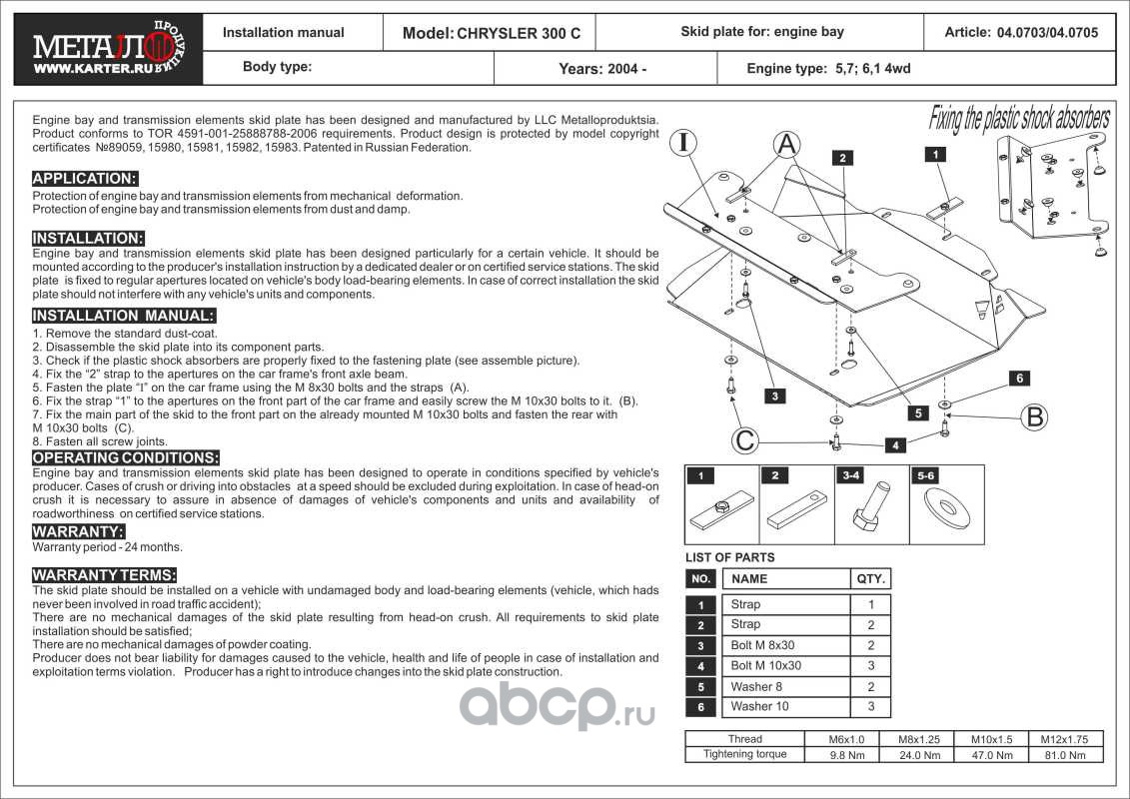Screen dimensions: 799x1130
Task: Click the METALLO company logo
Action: pos(95,42)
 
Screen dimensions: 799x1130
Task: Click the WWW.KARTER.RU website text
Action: pos(80,71)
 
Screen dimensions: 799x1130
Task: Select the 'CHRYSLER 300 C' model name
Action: pos(519,33)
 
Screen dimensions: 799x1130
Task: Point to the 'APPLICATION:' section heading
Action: pos(85,179)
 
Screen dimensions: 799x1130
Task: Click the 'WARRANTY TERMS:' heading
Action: pos(105,575)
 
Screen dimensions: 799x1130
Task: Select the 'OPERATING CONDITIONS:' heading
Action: pos(126,457)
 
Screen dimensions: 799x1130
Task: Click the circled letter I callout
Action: pos(683,142)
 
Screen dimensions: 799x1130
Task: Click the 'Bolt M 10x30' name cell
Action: pos(766,666)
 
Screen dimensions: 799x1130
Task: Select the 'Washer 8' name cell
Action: pos(756,686)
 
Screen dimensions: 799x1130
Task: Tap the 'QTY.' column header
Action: pos(869,578)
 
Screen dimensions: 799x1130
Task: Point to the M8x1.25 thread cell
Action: pos(919,740)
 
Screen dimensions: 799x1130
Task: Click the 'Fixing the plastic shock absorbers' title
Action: pos(1019,119)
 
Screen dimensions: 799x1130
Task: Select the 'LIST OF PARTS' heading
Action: pos(729,557)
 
